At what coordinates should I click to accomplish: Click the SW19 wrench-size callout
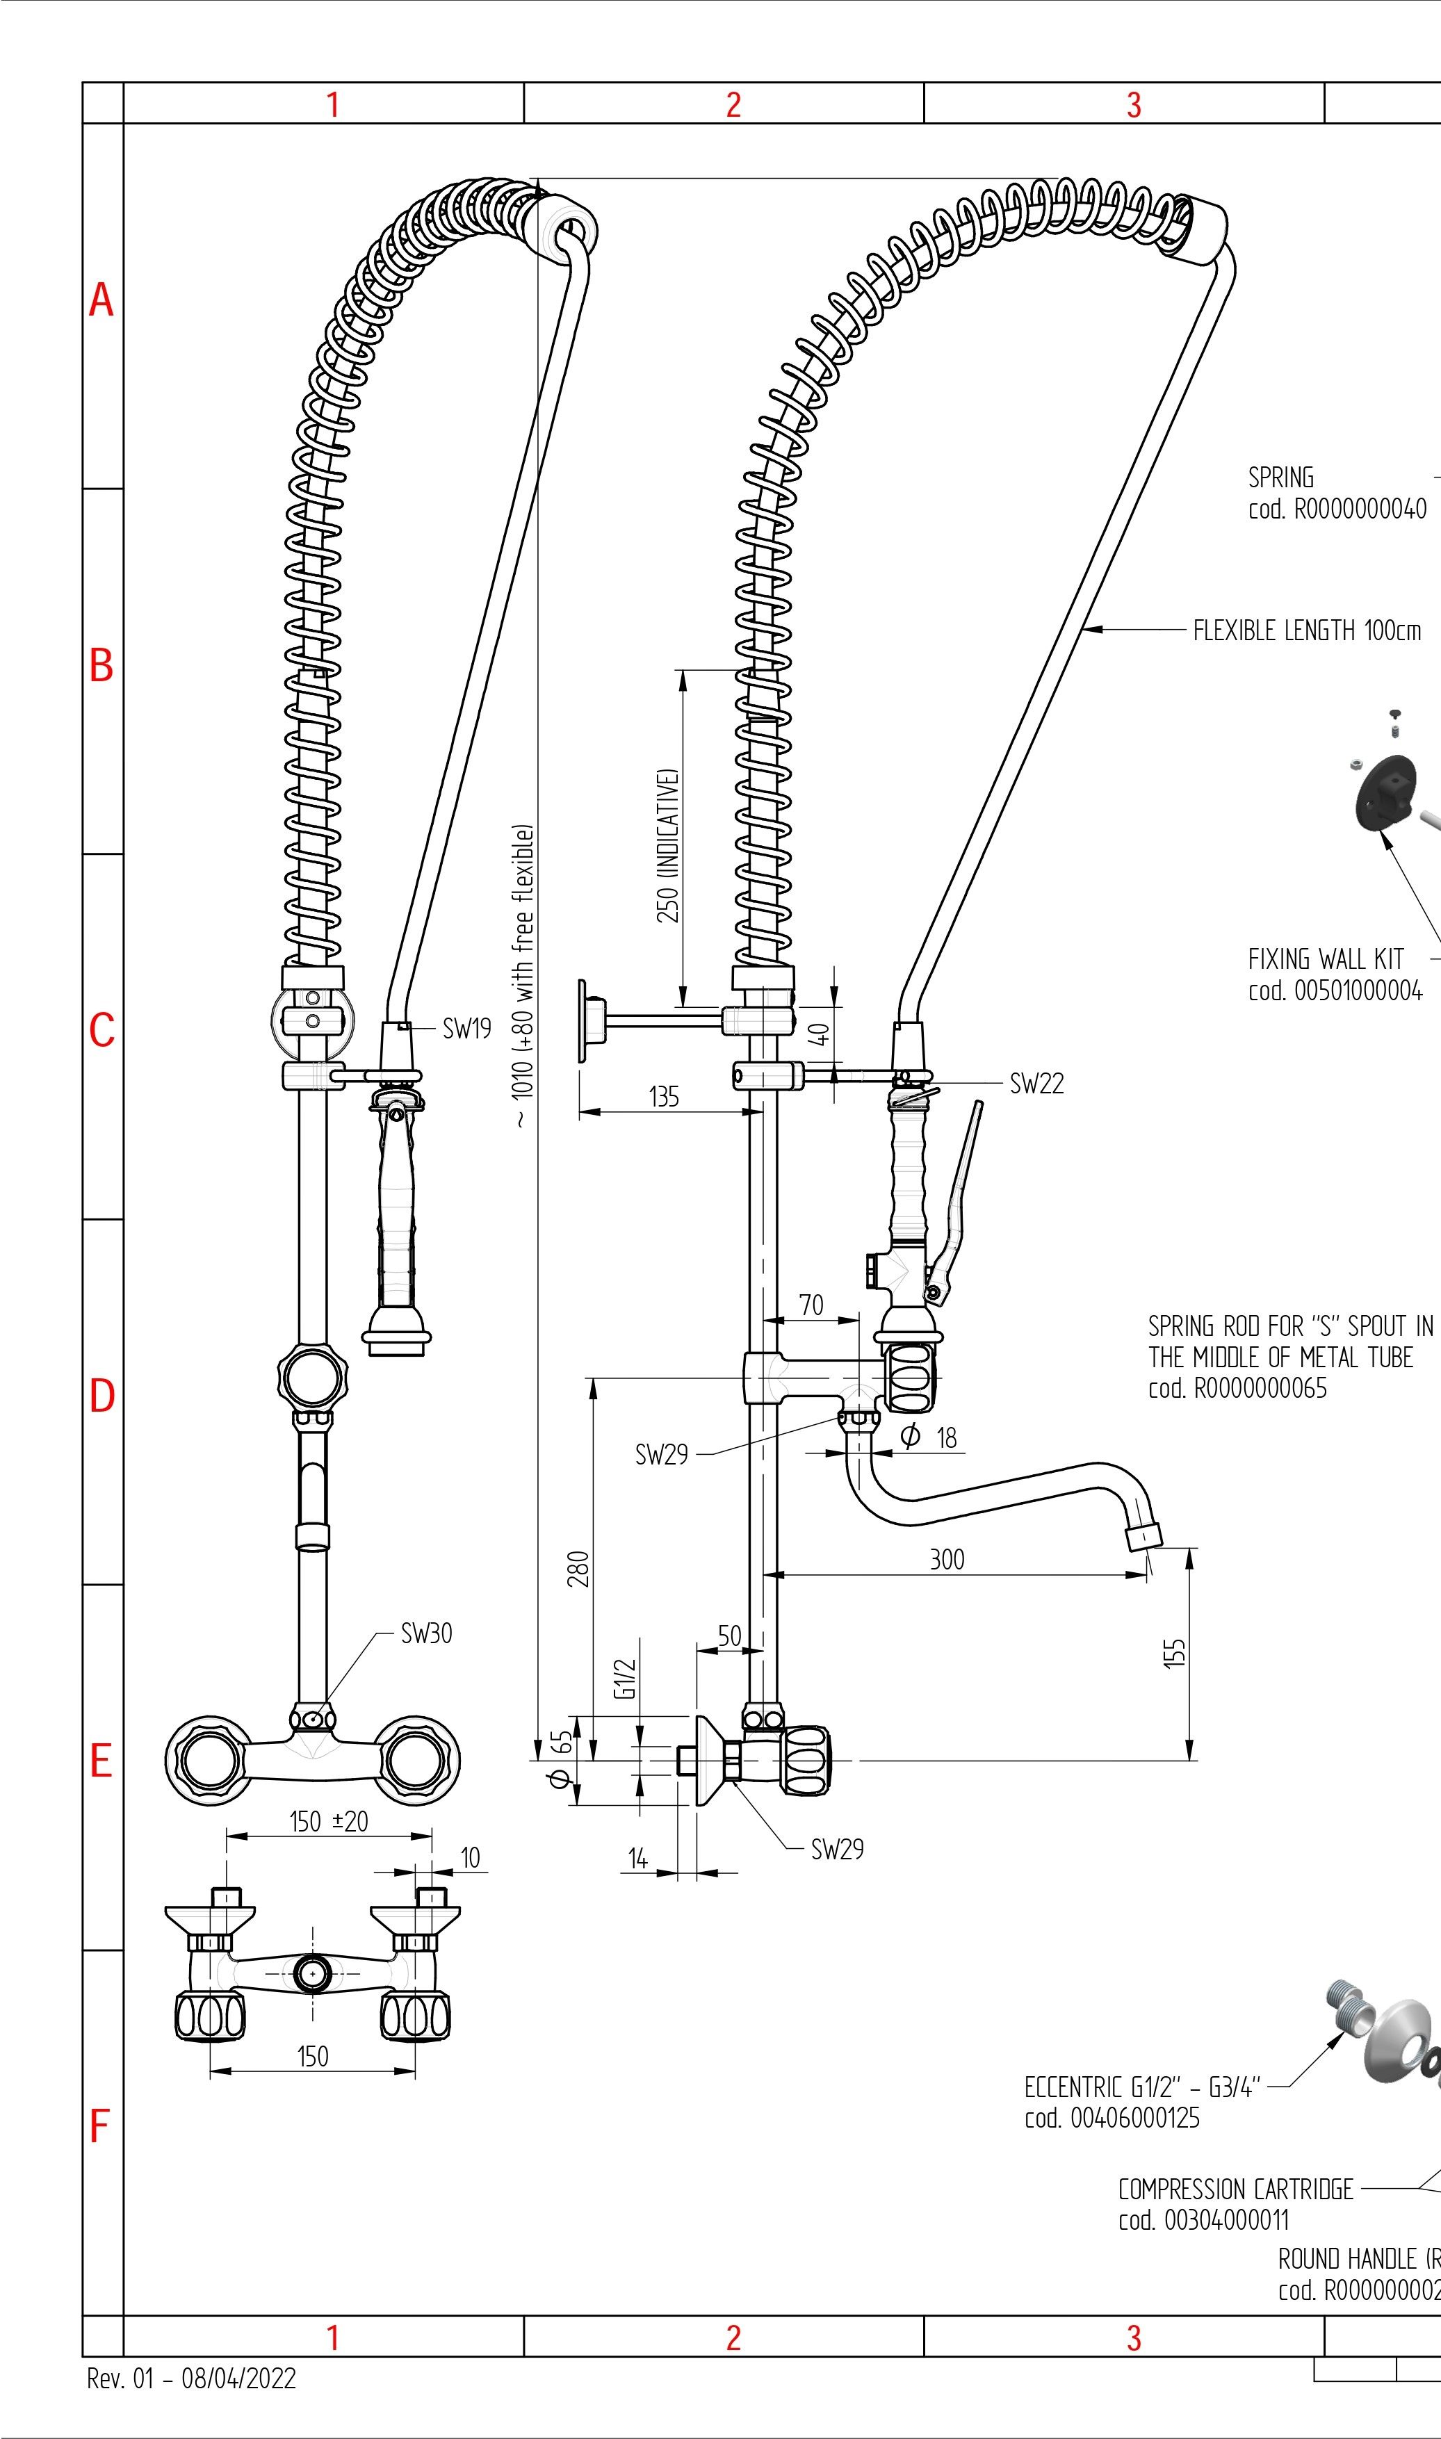coord(466,1029)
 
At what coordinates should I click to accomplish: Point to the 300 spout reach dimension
coord(947,1559)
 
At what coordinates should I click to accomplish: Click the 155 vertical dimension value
coord(1174,1653)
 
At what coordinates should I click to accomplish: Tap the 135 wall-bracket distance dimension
coord(664,1097)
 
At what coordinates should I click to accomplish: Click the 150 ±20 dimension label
coord(329,1822)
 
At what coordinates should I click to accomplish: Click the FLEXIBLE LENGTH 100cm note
coord(1306,630)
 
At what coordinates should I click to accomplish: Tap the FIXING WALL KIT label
coord(1326,959)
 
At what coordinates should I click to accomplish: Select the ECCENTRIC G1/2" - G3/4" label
coord(1142,2087)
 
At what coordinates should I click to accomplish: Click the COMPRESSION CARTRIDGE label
coord(1235,2189)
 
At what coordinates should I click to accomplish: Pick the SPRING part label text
coord(1281,478)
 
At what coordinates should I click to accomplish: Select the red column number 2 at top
coord(733,104)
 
